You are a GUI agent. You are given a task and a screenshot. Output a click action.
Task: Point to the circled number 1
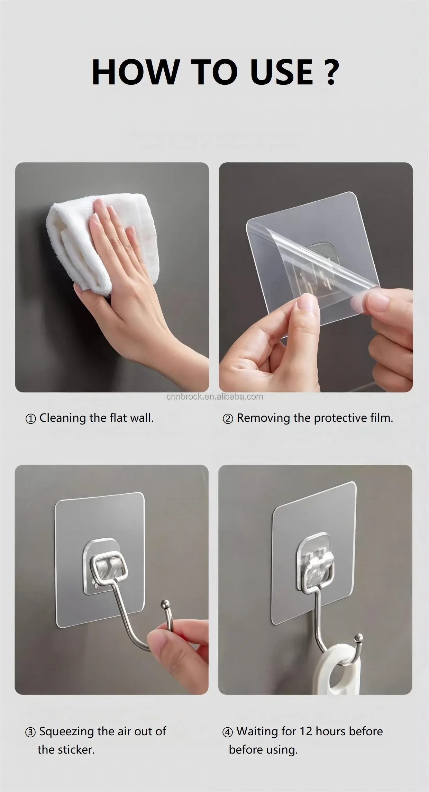tap(30, 419)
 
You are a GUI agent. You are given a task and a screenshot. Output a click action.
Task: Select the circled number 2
tap(228, 419)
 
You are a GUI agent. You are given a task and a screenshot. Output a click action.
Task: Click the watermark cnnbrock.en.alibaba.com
tap(214, 397)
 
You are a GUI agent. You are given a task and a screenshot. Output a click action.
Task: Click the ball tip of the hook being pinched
tap(164, 604)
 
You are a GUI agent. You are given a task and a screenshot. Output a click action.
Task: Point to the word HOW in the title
tap(134, 72)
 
